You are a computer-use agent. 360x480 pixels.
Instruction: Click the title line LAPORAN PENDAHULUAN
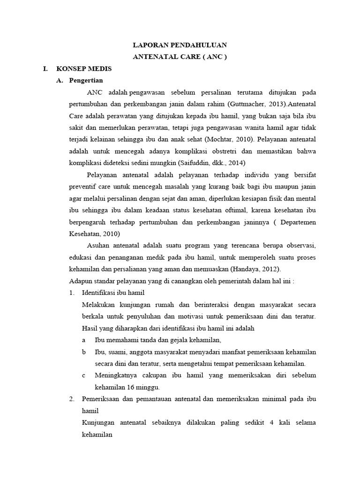coord(180,45)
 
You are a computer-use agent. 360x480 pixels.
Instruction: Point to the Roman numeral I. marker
coord(45,68)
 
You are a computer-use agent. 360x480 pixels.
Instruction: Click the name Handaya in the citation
coord(251,269)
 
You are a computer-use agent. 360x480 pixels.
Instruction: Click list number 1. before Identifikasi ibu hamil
coord(72,292)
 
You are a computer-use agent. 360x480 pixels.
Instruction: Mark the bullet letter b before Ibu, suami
coord(83,352)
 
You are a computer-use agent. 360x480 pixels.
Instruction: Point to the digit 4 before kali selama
coord(271,422)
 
